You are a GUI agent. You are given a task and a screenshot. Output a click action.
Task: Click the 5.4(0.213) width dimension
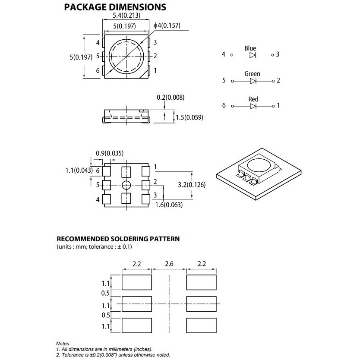pos(126,16)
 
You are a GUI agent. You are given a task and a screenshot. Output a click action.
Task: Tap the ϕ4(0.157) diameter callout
pos(167,25)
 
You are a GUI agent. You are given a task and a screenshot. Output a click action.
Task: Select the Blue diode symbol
pos(253,55)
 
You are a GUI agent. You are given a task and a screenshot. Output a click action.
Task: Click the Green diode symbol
pos(253,81)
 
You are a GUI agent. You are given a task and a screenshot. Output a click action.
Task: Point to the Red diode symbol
pos(253,106)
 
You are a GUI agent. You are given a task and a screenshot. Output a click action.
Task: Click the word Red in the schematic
pos(253,99)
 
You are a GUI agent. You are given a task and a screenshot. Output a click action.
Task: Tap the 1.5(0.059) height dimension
pos(189,117)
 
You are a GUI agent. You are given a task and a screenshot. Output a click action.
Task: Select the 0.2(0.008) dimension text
pos(171,98)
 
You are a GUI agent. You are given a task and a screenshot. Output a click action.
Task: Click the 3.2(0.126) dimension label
pos(192,185)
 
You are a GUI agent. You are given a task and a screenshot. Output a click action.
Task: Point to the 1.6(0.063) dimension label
pos(169,205)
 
